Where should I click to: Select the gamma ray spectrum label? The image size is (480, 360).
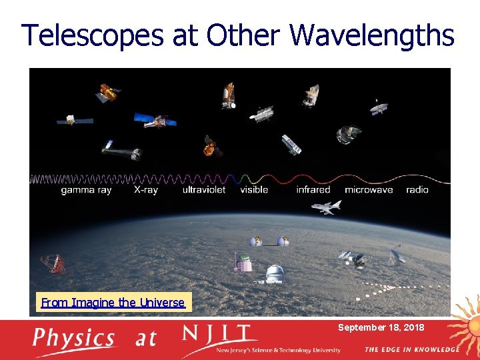click(86, 190)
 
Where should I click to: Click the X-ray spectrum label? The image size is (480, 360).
click(147, 190)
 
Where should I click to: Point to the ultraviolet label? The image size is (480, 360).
click(204, 190)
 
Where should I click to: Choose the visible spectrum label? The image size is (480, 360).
click(254, 190)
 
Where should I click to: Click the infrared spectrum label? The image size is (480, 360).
click(313, 190)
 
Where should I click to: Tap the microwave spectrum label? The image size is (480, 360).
click(369, 190)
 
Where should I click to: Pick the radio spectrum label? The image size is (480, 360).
click(417, 190)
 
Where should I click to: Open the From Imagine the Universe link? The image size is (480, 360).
click(113, 303)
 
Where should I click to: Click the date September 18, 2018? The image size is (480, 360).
click(381, 328)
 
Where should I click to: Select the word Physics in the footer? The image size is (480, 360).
click(74, 339)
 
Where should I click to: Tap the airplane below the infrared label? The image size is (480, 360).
click(325, 207)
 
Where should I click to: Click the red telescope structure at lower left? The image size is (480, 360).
click(53, 264)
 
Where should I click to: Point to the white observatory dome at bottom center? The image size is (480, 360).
click(274, 274)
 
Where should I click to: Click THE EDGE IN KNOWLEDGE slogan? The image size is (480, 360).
click(411, 349)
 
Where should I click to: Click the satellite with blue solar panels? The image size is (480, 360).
click(155, 121)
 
